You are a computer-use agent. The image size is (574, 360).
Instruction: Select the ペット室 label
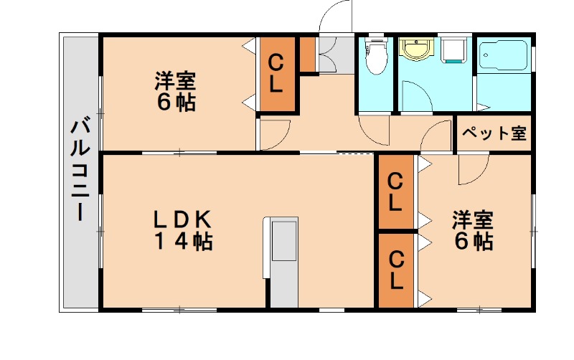[494, 133]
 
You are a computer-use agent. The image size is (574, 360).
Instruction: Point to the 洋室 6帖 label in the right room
[472, 230]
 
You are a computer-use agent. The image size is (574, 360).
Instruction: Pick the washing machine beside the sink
[453, 50]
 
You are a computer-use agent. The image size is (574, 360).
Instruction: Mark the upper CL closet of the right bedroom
[395, 191]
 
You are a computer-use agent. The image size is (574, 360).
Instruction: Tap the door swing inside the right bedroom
[471, 169]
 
